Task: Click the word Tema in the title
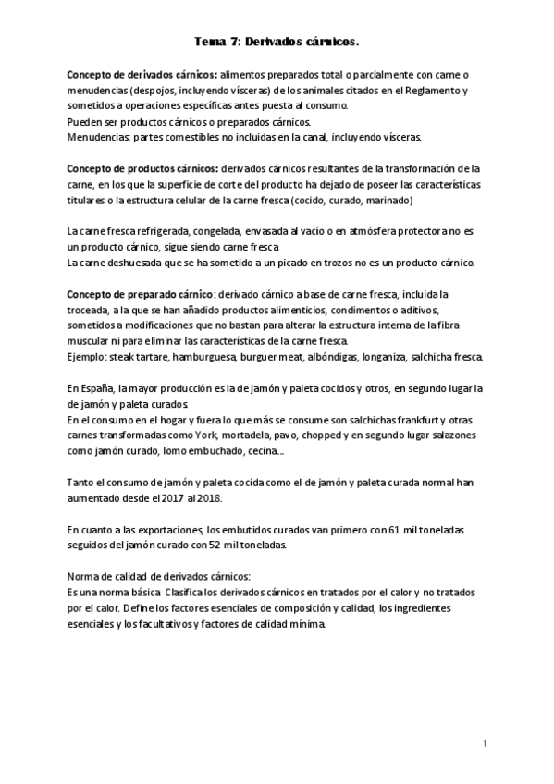210,42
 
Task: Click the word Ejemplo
86,357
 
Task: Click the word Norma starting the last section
85,577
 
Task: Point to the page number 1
484,742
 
